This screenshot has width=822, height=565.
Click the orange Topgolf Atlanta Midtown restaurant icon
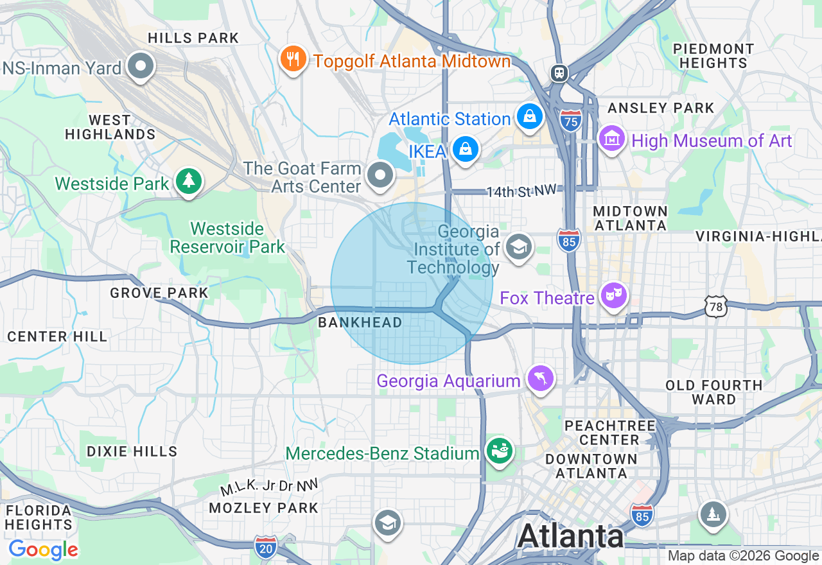pyautogui.click(x=293, y=60)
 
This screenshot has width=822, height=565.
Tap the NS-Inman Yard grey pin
pyautogui.click(x=140, y=65)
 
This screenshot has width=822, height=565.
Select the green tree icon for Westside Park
pyautogui.click(x=188, y=181)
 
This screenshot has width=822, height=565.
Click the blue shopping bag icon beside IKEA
pyautogui.click(x=465, y=149)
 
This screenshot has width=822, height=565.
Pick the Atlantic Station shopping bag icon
pyautogui.click(x=529, y=116)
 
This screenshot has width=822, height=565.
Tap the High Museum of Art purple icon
pyautogui.click(x=612, y=138)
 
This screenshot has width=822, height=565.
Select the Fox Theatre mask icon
pyautogui.click(x=613, y=296)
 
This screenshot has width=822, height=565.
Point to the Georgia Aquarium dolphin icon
pyautogui.click(x=540, y=379)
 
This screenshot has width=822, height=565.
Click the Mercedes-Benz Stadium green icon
pyautogui.click(x=499, y=451)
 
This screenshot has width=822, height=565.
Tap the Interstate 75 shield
pyautogui.click(x=570, y=121)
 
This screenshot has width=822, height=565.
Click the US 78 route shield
pyautogui.click(x=715, y=306)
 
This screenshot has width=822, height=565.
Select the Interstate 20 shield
pyautogui.click(x=265, y=546)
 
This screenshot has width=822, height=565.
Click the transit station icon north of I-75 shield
pyautogui.click(x=558, y=73)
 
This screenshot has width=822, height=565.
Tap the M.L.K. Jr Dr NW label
pyautogui.click(x=269, y=487)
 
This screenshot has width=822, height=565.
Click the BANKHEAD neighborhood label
pyautogui.click(x=360, y=322)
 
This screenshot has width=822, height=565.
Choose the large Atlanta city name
pyautogui.click(x=570, y=535)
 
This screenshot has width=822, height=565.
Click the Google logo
pyautogui.click(x=43, y=550)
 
